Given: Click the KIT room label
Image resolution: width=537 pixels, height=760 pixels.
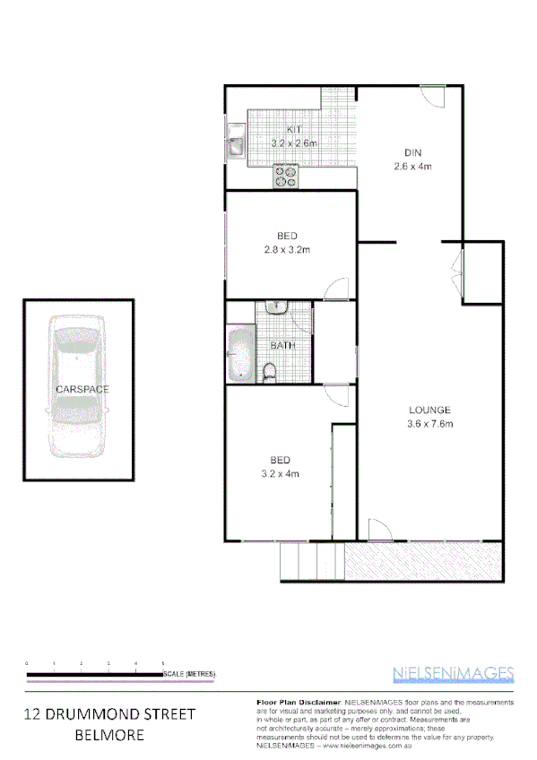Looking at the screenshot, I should pos(295,131).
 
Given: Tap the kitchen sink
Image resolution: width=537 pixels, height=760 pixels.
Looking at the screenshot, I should pos(237,143).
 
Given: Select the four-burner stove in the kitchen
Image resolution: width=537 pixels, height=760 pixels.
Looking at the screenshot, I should pos(286,177).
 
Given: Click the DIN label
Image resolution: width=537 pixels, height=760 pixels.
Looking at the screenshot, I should pos(412,153).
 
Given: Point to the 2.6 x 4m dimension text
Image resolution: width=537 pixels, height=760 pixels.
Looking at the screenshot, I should pos(412,166).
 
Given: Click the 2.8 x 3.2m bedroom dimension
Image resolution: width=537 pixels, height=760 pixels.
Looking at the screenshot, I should pos(287,249).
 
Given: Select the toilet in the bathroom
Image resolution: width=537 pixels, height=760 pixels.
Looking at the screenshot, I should pos(270,371).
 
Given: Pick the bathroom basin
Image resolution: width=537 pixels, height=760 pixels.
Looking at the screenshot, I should pos(277,307).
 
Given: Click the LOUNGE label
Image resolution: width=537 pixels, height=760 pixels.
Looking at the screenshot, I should pos(431,410).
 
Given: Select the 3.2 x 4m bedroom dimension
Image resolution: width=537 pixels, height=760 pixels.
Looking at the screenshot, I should pos(279,473).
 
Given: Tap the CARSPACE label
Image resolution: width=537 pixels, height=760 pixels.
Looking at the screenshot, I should pos(82,390).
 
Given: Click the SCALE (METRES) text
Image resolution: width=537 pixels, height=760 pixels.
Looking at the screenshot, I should pos(189,673).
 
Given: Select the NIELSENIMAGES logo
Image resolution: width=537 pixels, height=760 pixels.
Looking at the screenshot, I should pos(454,673).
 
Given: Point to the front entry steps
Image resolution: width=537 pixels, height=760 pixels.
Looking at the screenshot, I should pos(311,561).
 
